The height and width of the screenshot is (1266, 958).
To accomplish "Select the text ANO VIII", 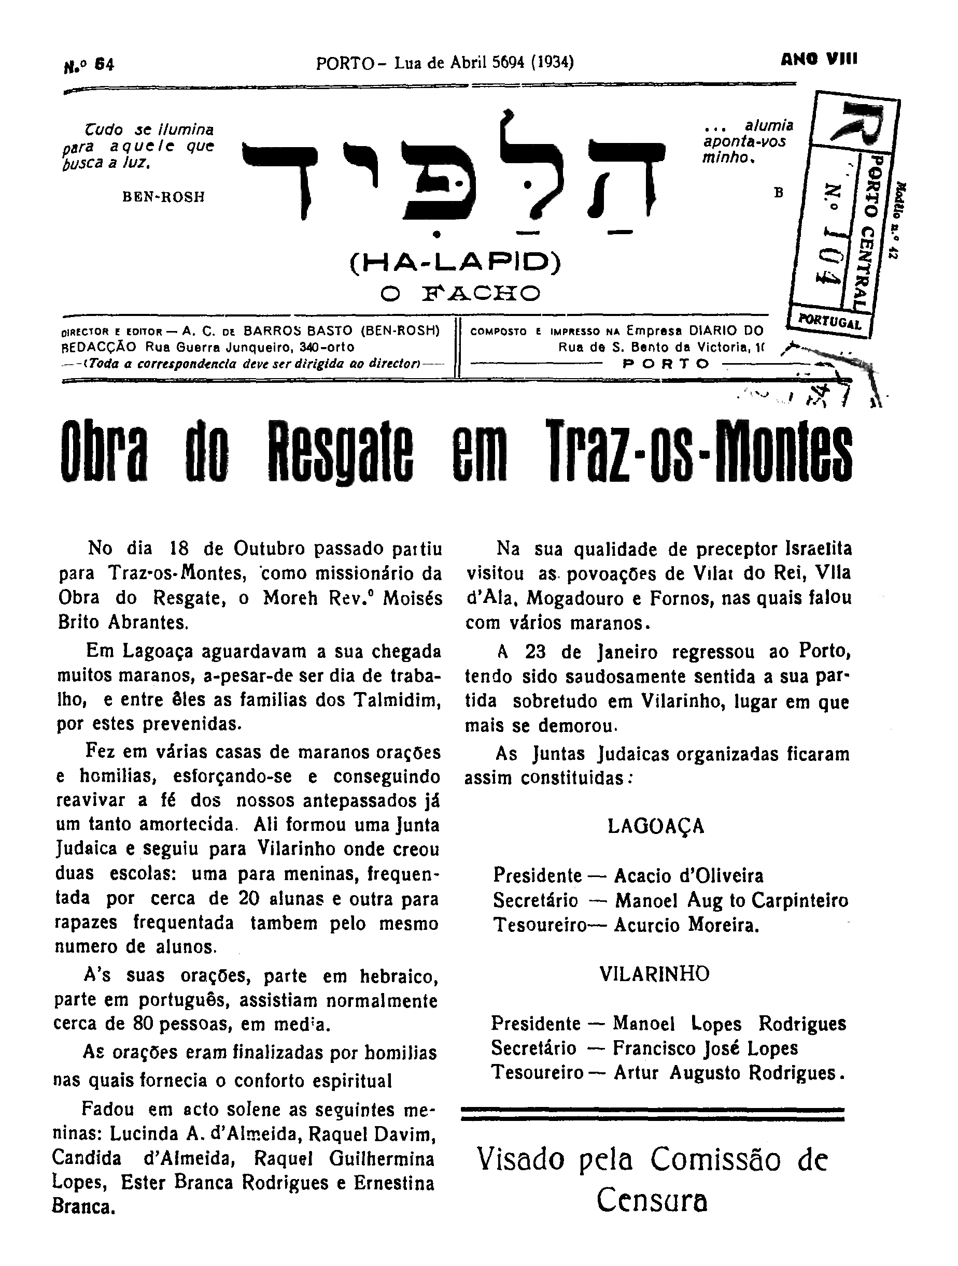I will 819,59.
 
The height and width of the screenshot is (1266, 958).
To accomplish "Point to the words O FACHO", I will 460,294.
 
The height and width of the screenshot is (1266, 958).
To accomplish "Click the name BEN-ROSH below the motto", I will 163,197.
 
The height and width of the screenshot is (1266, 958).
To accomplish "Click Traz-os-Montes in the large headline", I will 698,452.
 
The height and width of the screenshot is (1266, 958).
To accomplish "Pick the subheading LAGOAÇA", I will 656,826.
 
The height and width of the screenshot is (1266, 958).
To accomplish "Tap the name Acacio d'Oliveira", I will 688,875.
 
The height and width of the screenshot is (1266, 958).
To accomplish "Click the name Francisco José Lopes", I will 705,1048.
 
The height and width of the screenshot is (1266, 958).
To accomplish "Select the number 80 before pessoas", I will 143,1024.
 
